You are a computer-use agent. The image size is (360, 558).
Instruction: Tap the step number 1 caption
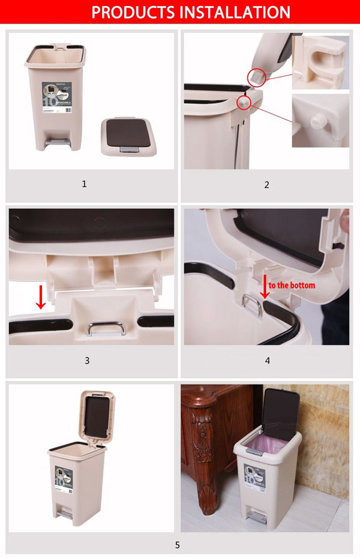point(84,184)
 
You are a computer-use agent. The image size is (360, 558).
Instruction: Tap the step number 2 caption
point(267,185)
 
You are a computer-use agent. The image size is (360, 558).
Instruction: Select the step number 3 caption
point(87,361)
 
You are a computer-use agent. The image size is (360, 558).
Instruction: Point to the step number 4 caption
point(268,361)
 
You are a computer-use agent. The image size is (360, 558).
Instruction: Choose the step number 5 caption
point(177,545)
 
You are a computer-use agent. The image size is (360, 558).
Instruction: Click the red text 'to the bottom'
point(292,285)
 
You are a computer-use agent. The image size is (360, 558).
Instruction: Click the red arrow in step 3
point(41,298)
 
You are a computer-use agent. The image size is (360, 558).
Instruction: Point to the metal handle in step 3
point(106,329)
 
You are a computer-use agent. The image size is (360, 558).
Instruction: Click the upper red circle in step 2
point(256,76)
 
